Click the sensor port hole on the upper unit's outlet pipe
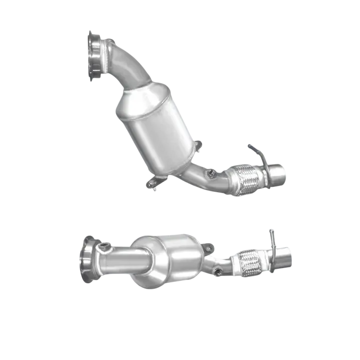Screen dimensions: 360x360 [x=210, y=172]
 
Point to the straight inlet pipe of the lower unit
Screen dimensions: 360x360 [x=120, y=261]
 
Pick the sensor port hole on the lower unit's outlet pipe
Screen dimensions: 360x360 [x=217, y=271]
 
